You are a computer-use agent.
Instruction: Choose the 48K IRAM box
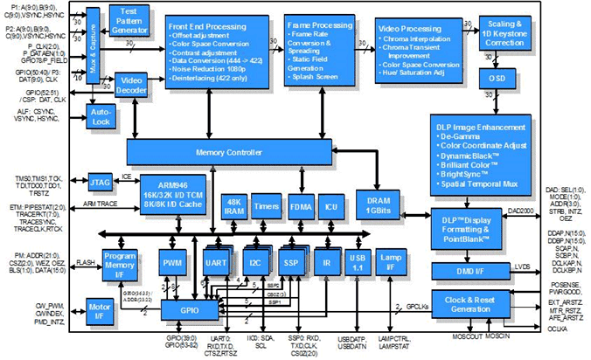click(233, 203)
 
